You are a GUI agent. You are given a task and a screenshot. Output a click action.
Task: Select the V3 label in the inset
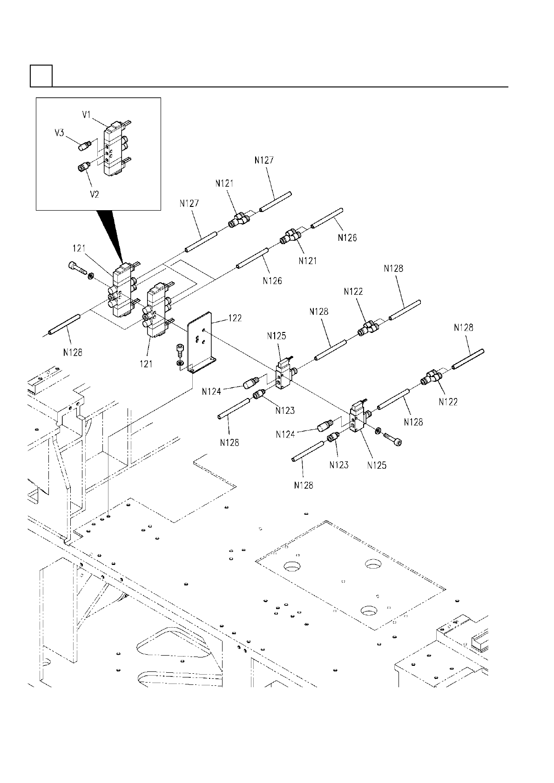tap(59, 133)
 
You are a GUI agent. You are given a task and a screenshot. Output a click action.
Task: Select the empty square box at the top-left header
tap(41, 76)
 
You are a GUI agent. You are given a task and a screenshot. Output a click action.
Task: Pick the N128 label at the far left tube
tap(73, 352)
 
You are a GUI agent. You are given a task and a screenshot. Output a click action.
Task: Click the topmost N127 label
tap(264, 160)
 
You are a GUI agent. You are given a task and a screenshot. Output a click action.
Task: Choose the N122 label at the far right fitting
tap(448, 402)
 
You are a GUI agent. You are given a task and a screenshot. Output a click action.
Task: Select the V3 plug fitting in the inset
tap(84, 146)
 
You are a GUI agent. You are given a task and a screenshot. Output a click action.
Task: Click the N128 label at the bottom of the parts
tap(304, 485)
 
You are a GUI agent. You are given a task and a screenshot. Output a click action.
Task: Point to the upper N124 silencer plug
tap(250, 384)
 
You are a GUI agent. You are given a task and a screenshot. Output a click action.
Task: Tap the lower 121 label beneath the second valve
tap(146, 364)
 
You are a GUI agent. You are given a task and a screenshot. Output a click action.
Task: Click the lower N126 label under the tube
tap(272, 281)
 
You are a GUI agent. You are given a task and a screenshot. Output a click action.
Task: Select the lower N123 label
tap(338, 464)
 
